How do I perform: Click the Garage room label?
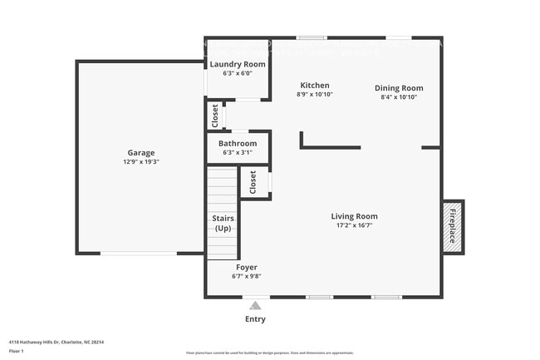[x=141, y=152]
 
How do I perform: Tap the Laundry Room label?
[x=238, y=64]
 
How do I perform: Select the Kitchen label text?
[x=315, y=86]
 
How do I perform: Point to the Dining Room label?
[x=399, y=88]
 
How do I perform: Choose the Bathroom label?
[x=238, y=144]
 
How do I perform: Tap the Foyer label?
[x=247, y=267]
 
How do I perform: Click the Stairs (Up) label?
[x=223, y=223]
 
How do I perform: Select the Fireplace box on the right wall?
[x=453, y=226]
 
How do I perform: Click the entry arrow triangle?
[x=256, y=306]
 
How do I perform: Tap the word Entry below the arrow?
[x=256, y=319]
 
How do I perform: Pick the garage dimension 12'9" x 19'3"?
[x=141, y=162]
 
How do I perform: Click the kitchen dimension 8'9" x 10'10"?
[x=315, y=95]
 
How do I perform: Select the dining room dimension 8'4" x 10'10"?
[x=399, y=97]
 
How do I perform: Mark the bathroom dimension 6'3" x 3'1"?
[x=238, y=153]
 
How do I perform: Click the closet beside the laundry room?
[x=215, y=116]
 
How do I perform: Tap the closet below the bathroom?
[x=253, y=181]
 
